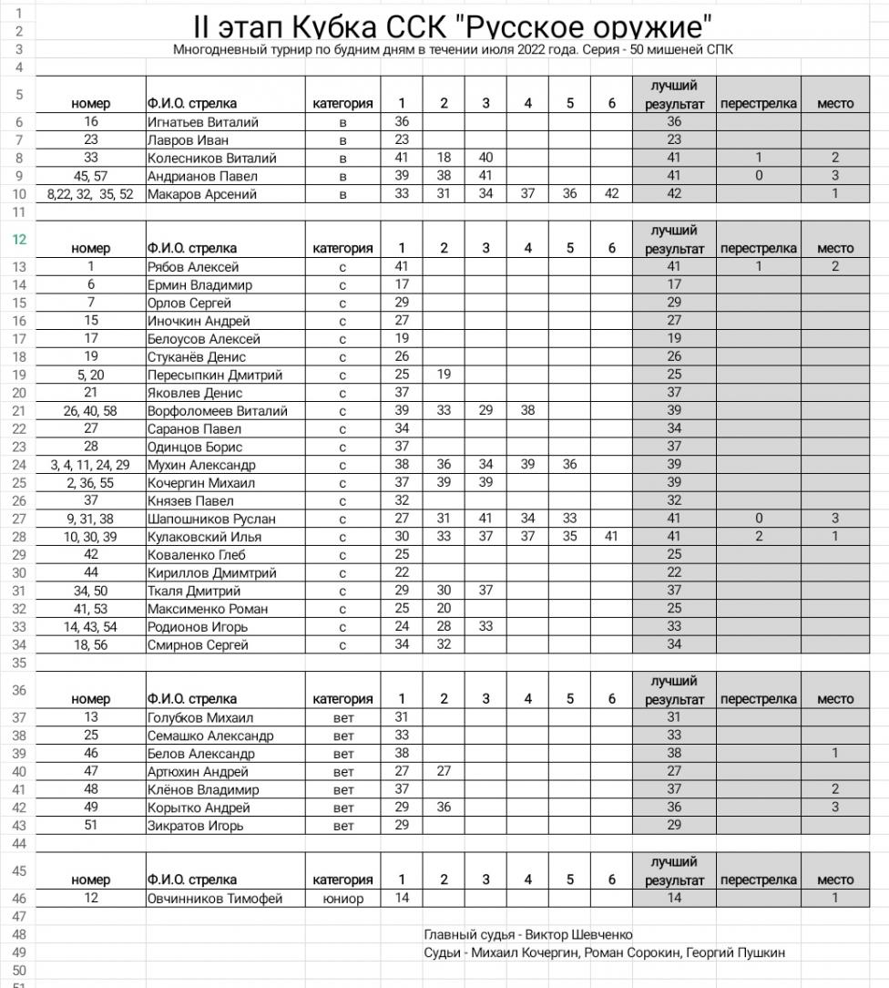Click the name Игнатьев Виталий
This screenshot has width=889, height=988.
203,122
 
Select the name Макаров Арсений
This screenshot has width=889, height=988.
202,194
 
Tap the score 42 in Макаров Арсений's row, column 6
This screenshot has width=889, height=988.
611,194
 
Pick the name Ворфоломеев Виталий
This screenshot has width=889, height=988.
218,411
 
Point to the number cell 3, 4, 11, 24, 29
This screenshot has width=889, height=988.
90,465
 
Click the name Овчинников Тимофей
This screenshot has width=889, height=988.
215,899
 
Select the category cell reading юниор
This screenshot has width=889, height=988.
342,899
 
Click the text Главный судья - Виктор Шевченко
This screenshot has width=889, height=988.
528,935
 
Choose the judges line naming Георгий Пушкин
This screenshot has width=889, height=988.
605,953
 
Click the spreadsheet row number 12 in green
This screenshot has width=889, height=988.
17,239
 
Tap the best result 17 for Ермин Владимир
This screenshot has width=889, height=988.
674,285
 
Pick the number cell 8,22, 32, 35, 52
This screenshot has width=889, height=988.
90,194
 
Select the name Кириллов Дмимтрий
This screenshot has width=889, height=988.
212,573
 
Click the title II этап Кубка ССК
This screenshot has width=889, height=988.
454,25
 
